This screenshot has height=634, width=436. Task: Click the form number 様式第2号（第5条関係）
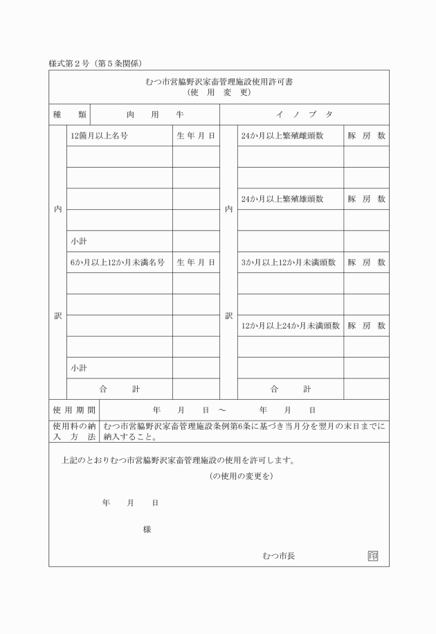(95, 63)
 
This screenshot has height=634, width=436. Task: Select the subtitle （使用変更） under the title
(219, 91)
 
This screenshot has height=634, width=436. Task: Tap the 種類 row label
(69, 114)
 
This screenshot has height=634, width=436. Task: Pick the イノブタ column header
(304, 114)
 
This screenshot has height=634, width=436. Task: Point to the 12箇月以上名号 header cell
(98, 136)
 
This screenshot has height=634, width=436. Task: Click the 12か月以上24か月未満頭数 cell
(290, 326)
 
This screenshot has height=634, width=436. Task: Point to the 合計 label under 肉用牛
(118, 389)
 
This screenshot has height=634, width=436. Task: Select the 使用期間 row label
(74, 410)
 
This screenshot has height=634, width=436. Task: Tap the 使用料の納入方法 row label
(74, 432)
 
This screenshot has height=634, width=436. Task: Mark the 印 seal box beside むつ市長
(373, 556)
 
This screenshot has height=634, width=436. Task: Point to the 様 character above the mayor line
(147, 529)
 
